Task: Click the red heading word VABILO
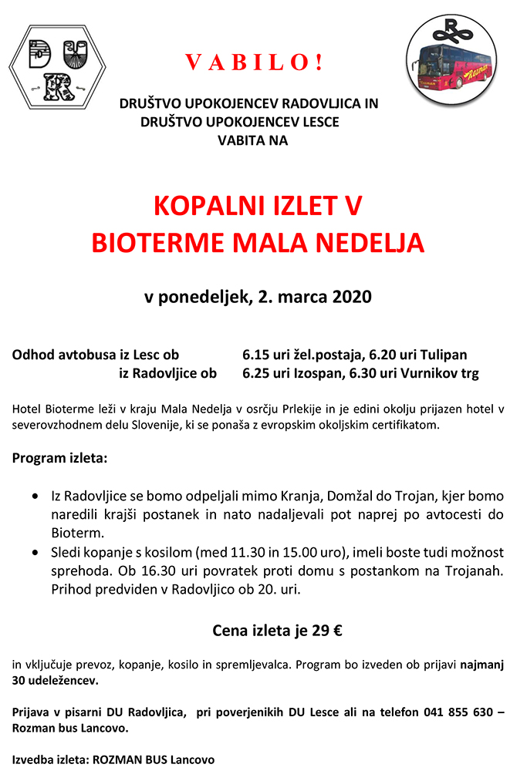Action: click(x=254, y=62)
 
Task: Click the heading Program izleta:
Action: click(x=60, y=458)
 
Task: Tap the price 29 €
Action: click(x=326, y=631)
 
